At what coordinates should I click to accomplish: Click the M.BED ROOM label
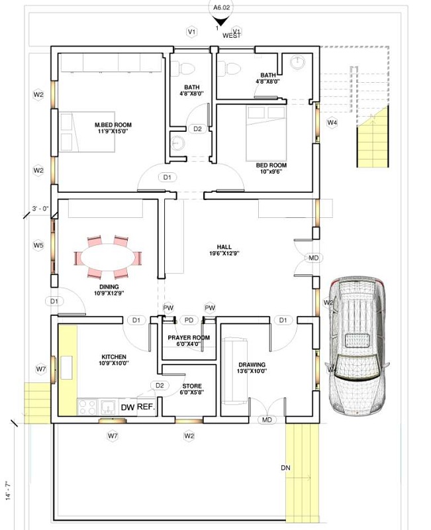click(113, 125)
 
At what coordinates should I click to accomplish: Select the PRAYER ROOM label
click(189, 338)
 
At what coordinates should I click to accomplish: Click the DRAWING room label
click(252, 364)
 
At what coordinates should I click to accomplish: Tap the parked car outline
click(358, 344)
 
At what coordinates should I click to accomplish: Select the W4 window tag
click(332, 123)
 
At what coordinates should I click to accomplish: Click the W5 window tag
click(38, 245)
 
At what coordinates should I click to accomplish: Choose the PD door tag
click(189, 320)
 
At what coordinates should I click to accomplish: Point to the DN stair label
click(285, 468)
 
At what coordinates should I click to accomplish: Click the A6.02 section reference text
click(217, 7)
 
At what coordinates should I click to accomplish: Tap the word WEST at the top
click(231, 35)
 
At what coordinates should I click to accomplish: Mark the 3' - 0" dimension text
click(40, 209)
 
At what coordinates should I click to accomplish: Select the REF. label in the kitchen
click(145, 407)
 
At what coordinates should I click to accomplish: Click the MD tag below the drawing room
click(267, 420)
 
